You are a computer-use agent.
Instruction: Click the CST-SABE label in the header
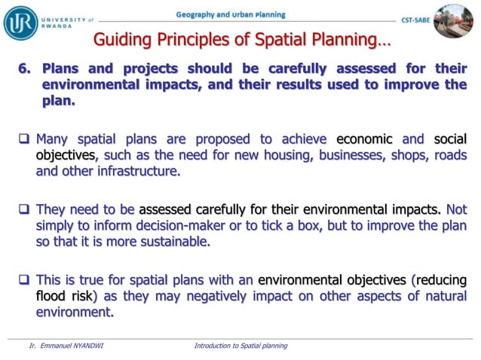point(415,21)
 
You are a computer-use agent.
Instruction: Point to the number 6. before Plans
point(26,69)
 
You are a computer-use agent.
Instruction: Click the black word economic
point(364,139)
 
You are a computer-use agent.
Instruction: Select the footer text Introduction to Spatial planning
point(240,346)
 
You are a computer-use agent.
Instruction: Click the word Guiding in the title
point(120,39)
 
